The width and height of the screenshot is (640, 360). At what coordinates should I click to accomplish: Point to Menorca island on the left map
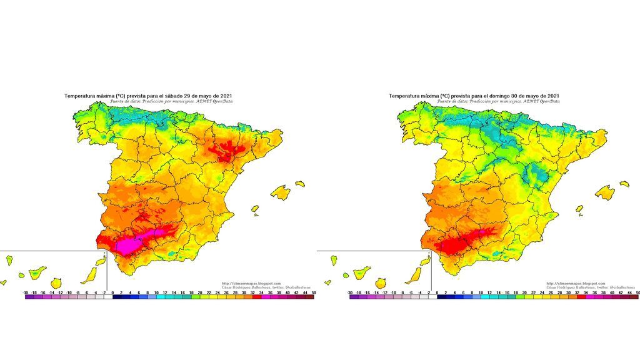(300, 184)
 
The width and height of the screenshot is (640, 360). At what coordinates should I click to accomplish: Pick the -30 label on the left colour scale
(25, 292)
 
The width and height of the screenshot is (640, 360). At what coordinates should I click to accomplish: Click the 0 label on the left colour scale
(112, 292)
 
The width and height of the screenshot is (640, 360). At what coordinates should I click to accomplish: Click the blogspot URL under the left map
(251, 282)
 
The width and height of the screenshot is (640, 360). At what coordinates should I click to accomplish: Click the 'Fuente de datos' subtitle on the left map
(172, 101)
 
